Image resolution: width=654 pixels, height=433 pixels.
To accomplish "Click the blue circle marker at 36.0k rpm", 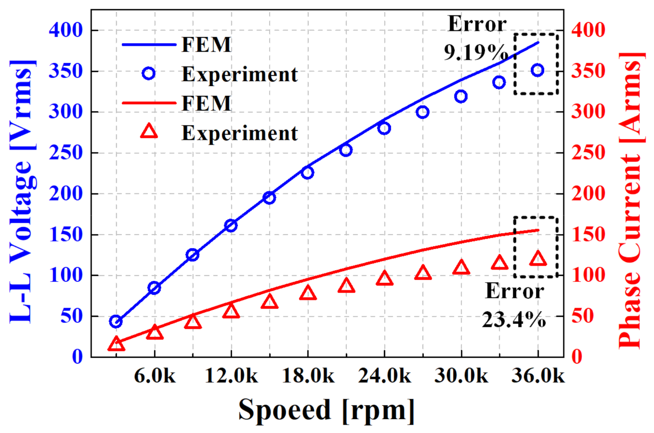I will pyautogui.click(x=537, y=70).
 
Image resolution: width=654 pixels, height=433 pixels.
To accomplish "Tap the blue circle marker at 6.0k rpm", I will pyautogui.click(x=154, y=288).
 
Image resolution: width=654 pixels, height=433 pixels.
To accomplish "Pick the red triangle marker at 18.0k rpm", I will pyautogui.click(x=307, y=293).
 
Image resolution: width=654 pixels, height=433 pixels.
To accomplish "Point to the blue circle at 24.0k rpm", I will pyautogui.click(x=384, y=128).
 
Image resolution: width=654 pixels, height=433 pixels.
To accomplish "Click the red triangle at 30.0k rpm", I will pyautogui.click(x=461, y=267).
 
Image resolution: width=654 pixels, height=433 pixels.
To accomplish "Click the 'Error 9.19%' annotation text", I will pyautogui.click(x=476, y=38).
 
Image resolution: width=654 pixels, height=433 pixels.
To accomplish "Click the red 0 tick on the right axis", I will pyautogui.click(x=574, y=357).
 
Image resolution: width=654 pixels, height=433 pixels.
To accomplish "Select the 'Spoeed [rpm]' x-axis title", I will pyautogui.click(x=326, y=410).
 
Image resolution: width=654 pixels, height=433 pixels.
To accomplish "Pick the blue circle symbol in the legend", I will pyautogui.click(x=149, y=74).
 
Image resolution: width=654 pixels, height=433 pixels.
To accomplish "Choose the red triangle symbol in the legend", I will pyautogui.click(x=149, y=132).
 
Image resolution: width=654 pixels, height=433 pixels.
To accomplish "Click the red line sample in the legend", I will pyautogui.click(x=149, y=104).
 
